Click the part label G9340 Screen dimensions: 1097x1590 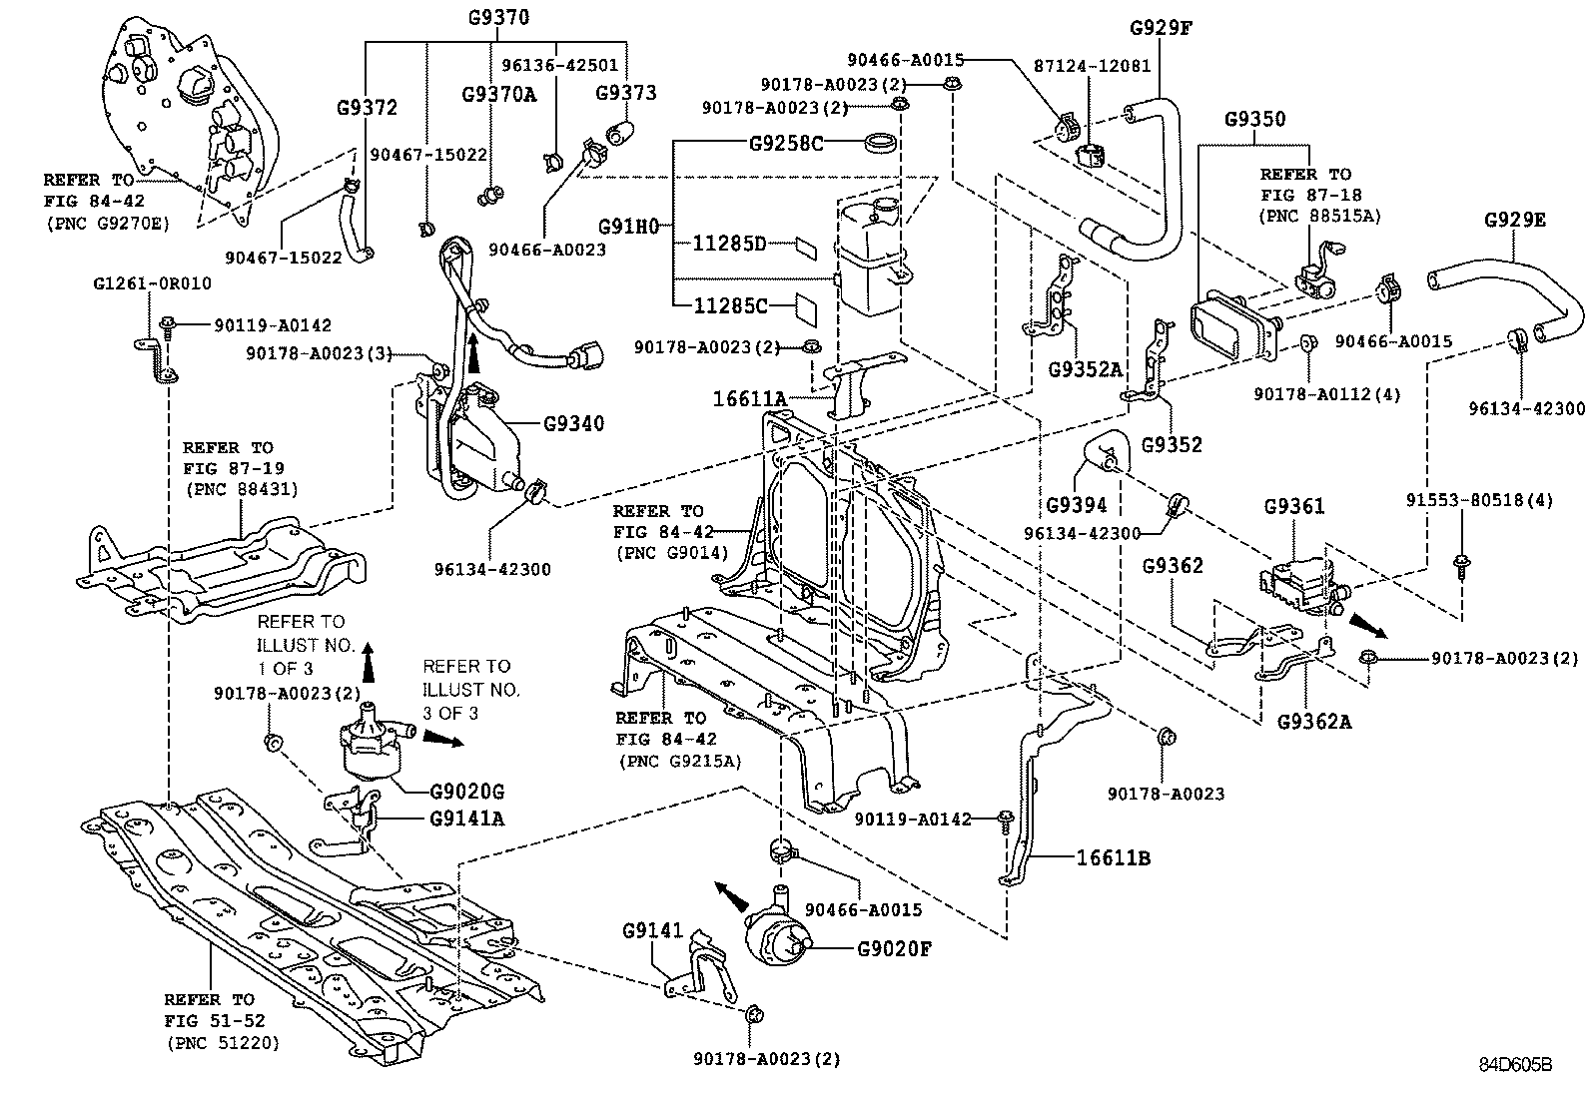573,423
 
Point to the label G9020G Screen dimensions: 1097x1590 467,792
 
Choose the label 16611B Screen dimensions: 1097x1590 1113,857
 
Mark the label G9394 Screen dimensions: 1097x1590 1077,505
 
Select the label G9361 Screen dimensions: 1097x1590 1294,507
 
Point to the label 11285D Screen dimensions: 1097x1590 731,244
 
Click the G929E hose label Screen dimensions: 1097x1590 1515,221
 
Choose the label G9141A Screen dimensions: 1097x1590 467,819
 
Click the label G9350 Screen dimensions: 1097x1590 1255,119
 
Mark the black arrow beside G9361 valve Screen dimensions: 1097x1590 1367,624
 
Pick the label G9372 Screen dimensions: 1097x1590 367,108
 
